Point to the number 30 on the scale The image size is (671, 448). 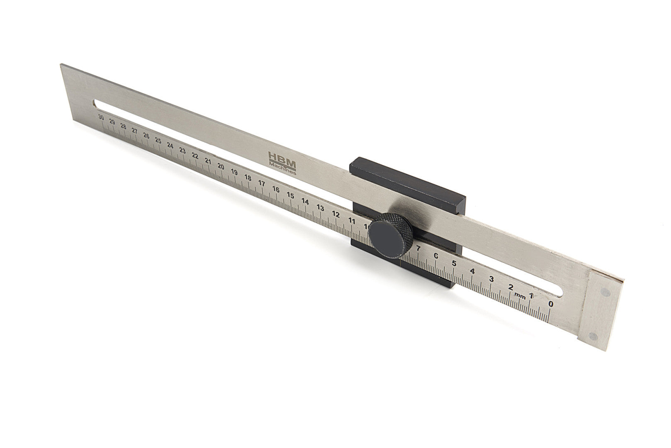click(100, 117)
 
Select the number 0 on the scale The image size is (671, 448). click(551, 304)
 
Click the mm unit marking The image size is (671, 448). click(520, 296)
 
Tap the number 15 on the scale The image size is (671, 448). click(290, 196)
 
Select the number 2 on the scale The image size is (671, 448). click(511, 287)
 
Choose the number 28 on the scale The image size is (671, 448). click(123, 126)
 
